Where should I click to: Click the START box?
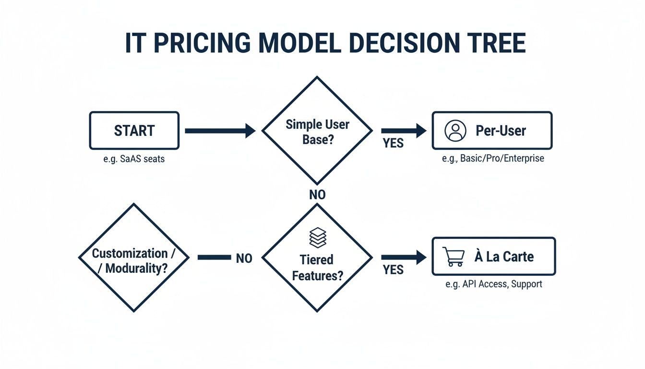tap(134, 131)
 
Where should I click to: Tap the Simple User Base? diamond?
tap(317, 131)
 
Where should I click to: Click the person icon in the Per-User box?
tap(455, 131)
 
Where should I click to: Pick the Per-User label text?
tap(501, 131)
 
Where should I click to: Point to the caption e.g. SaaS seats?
tap(134, 159)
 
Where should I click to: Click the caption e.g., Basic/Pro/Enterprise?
tap(493, 158)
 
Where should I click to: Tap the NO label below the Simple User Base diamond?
tap(317, 195)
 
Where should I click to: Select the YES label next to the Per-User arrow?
tap(393, 143)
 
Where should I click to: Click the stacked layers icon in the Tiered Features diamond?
tap(317, 237)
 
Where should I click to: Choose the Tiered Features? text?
tap(317, 268)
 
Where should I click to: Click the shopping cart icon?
tap(453, 257)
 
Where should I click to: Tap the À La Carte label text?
tap(504, 257)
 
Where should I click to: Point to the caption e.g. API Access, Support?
tap(494, 284)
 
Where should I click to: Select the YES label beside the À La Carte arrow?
tap(393, 270)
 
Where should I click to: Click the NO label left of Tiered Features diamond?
tap(244, 258)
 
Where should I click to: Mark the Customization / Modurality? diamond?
tap(134, 258)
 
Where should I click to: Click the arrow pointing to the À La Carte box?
tap(403, 258)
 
